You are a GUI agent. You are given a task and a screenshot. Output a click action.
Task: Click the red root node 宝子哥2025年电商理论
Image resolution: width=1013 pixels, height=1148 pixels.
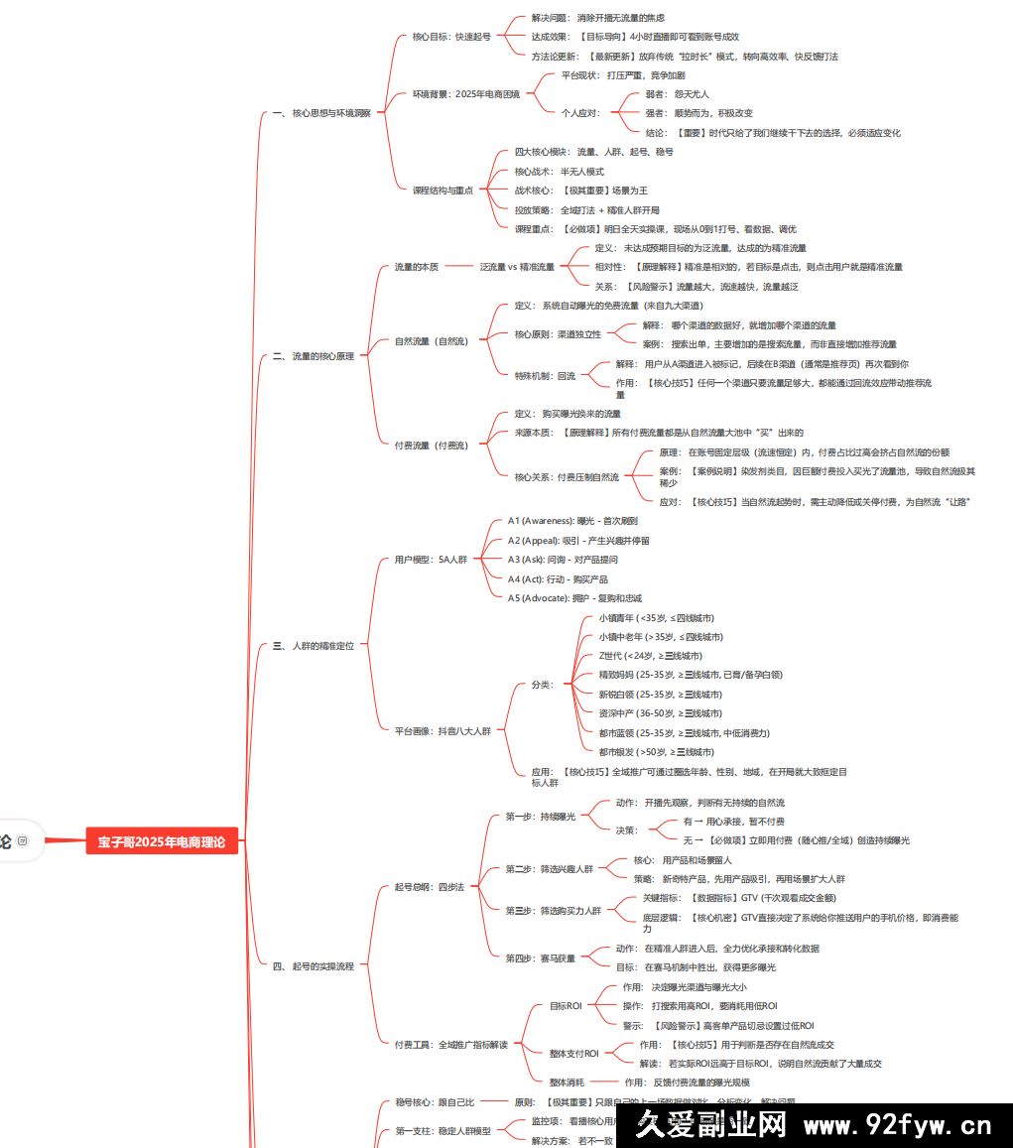tap(162, 842)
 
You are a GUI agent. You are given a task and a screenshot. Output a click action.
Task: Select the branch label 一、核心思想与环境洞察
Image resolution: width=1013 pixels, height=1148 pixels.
tap(321, 113)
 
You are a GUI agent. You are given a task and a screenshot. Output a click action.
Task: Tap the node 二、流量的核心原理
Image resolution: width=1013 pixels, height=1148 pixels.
tap(314, 355)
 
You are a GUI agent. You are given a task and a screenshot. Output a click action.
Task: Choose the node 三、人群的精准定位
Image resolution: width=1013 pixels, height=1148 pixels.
tap(314, 646)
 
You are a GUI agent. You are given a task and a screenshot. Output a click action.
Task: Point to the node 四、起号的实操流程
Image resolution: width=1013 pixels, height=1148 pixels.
tap(314, 965)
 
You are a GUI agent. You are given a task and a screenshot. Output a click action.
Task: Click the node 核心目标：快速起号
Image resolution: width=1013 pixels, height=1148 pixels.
tap(451, 37)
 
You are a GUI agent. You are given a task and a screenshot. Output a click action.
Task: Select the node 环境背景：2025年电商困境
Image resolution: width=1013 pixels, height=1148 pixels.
tap(465, 94)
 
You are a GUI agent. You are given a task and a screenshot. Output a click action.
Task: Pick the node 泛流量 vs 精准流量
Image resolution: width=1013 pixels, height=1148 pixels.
tap(517, 267)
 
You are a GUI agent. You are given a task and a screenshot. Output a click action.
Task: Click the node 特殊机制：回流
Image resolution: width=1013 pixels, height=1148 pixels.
tap(545, 376)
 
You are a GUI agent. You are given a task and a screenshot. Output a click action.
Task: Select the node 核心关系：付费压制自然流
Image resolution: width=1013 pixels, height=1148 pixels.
tap(567, 477)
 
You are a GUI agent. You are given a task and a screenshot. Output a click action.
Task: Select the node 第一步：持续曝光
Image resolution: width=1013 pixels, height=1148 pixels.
tap(540, 817)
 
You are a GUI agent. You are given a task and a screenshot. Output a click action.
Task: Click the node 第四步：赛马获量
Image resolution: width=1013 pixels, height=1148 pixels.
tap(540, 958)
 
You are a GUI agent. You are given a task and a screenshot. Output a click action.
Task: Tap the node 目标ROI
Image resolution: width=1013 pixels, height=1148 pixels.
tap(566, 1006)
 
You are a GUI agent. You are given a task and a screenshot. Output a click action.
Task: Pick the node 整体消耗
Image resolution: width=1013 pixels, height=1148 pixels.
tap(567, 1082)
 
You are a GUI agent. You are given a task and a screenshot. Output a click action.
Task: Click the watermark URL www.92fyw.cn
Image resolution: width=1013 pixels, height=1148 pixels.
tap(897, 1126)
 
